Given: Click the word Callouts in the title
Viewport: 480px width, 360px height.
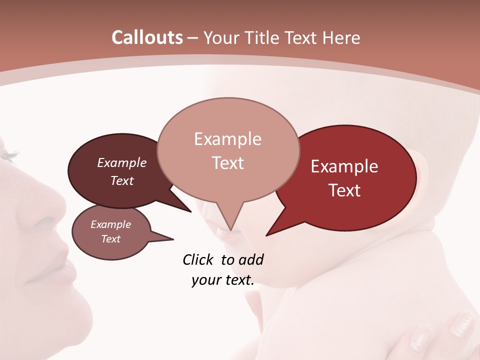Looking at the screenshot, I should point(147,37).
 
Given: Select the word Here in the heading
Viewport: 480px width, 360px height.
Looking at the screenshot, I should point(341,38).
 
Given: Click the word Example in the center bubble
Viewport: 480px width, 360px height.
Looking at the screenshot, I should point(227,139).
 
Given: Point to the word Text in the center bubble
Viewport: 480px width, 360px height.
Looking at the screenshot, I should point(228,163).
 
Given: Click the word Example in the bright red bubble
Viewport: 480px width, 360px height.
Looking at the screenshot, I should point(344,166).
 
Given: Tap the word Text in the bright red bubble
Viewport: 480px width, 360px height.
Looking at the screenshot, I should point(345,190).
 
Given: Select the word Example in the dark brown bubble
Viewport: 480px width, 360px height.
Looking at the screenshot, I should point(122,163).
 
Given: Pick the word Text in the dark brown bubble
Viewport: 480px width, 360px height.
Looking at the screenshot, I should point(122,180).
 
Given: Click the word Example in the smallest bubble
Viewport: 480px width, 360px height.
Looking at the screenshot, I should point(111,224).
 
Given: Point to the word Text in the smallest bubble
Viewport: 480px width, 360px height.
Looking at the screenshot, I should point(111,239).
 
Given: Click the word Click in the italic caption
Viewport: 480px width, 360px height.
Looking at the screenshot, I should point(199,259).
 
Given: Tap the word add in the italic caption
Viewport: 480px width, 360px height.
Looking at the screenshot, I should point(251,259).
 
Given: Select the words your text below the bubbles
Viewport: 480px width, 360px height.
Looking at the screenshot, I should point(223,280).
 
